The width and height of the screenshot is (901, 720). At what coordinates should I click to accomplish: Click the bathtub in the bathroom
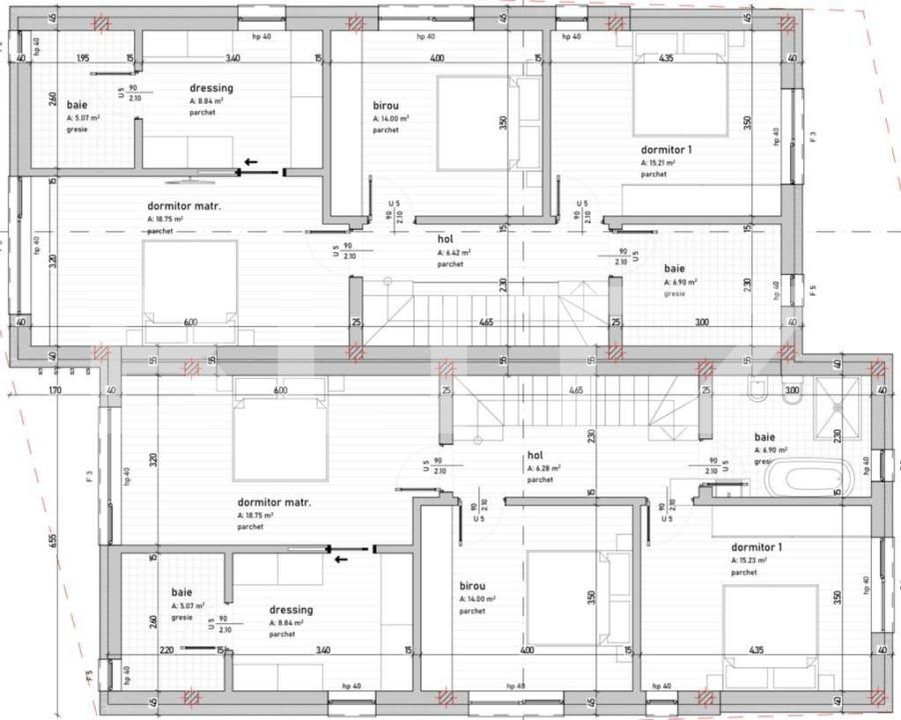tap(808, 476)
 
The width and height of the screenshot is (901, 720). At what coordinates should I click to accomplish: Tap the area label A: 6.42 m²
tap(453, 253)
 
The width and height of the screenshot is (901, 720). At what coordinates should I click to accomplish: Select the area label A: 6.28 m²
tap(543, 468)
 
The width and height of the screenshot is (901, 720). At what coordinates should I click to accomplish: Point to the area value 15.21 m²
tap(658, 162)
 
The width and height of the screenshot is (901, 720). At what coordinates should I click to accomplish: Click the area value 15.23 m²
tap(751, 561)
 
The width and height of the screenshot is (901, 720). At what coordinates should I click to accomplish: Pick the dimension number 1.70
tap(55, 390)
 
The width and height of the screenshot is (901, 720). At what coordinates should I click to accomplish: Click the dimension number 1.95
tap(83, 59)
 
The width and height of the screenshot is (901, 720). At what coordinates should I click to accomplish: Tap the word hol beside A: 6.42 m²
tap(446, 240)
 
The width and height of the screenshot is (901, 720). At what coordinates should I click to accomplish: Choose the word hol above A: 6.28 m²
tap(533, 455)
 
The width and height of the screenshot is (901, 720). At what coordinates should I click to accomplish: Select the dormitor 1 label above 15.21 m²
tap(666, 149)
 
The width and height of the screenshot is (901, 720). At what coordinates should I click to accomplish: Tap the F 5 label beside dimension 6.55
tap(90, 678)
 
